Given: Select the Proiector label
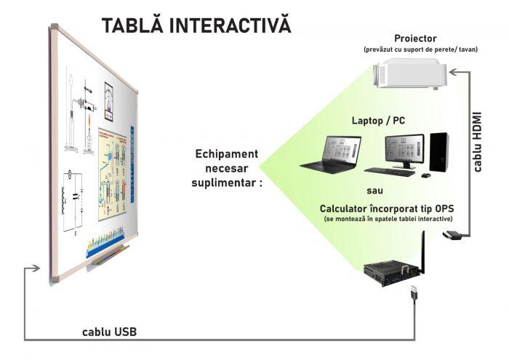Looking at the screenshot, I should click(x=415, y=39).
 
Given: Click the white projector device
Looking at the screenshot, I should click(x=408, y=74).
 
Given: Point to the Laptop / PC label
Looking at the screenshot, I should click(x=378, y=120).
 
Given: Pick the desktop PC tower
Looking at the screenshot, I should click(x=438, y=153).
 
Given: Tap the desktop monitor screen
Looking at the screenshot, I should click(x=402, y=149).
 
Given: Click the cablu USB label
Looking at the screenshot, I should click(x=108, y=332).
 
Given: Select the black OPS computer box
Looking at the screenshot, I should click(x=391, y=273).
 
